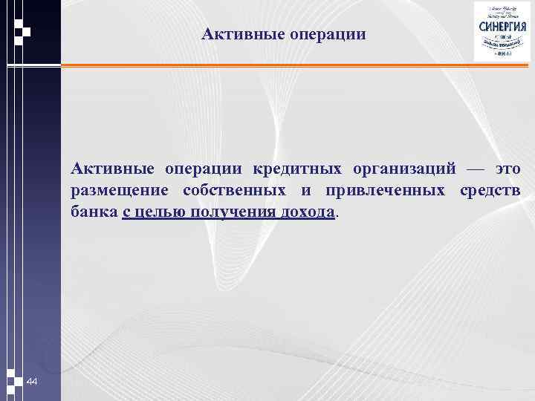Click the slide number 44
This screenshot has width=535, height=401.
point(32,382)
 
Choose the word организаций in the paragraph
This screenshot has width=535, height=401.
point(402,169)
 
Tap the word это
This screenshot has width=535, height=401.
point(508,170)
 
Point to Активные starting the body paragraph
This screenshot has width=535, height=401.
point(107,169)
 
